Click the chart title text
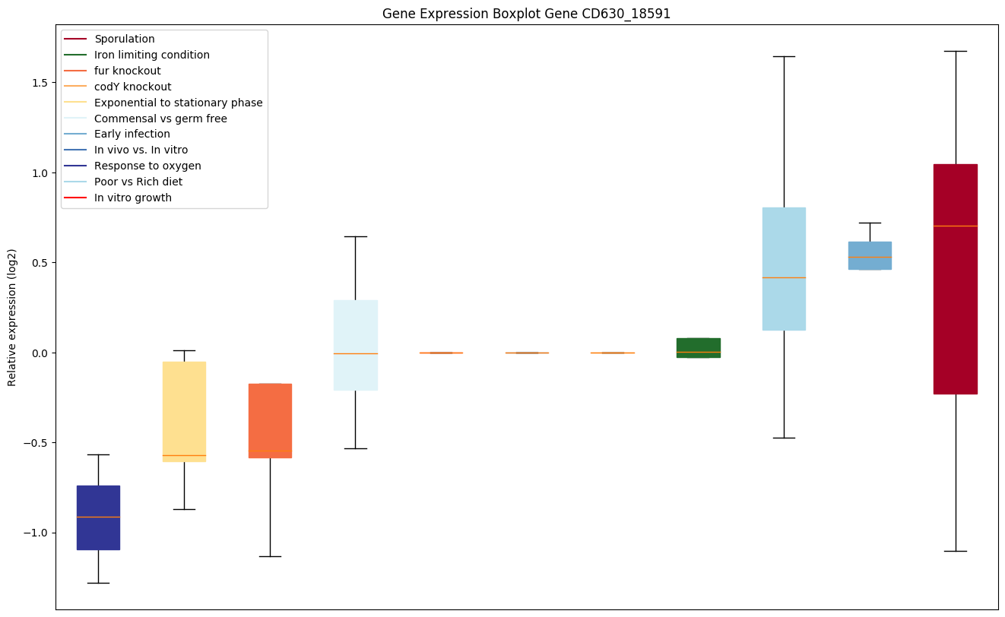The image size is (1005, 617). pyautogui.click(x=526, y=14)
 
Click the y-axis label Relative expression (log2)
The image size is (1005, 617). pyautogui.click(x=12, y=317)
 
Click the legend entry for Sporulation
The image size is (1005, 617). pyautogui.click(x=124, y=39)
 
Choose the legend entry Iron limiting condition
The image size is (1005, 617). pyautogui.click(x=151, y=55)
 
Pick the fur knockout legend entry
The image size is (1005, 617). pyautogui.click(x=127, y=71)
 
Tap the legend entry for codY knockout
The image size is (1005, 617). pyautogui.click(x=132, y=87)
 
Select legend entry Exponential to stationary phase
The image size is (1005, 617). pyautogui.click(x=178, y=103)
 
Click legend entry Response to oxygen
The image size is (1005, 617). pyautogui.click(x=147, y=166)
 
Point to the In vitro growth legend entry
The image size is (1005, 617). pyautogui.click(x=133, y=198)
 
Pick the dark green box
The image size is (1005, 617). pyautogui.click(x=698, y=347)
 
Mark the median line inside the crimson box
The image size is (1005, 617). pyautogui.click(x=955, y=226)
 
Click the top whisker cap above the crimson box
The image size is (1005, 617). pyautogui.click(x=955, y=51)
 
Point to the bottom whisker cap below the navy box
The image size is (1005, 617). pyautogui.click(x=98, y=583)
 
